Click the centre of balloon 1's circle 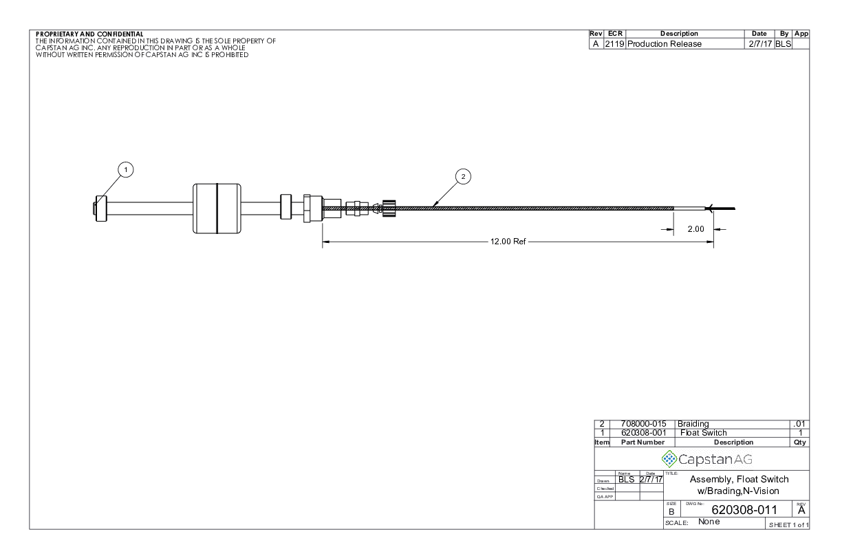126,170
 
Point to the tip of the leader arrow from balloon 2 433,207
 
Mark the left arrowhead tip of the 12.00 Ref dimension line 323,242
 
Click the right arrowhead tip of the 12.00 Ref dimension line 713,242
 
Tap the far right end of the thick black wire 735,209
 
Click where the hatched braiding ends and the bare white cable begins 673,209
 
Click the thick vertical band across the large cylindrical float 217,209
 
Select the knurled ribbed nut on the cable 389,209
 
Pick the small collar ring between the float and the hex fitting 285,206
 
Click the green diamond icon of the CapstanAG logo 669,459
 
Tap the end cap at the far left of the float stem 101,209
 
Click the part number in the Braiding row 643,425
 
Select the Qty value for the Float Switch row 800,433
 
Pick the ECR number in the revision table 614,44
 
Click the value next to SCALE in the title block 709,522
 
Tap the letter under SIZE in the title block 671,512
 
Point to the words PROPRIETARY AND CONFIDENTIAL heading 89,34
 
